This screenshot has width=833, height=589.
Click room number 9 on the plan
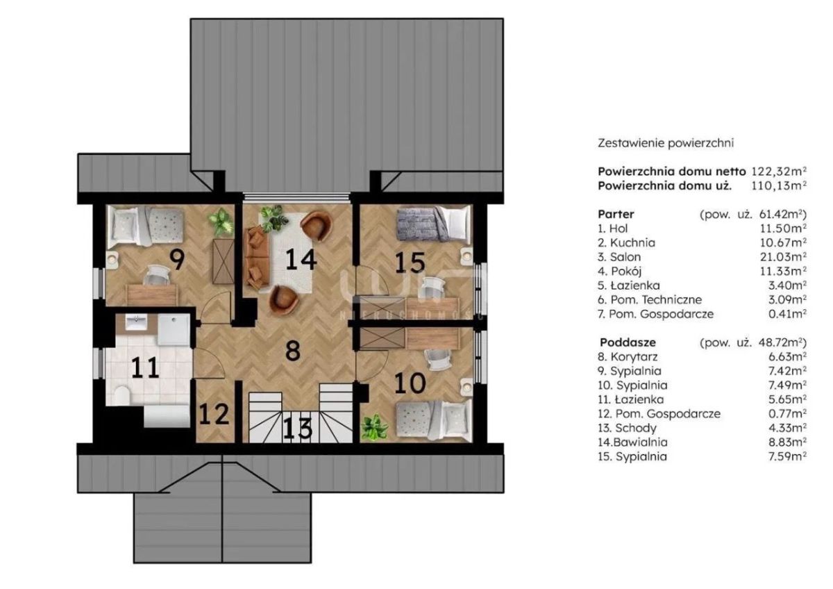(x=177, y=260)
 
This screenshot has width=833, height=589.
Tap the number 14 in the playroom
(x=301, y=259)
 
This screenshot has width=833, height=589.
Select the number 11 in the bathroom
(x=145, y=367)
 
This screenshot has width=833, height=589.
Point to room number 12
(x=214, y=414)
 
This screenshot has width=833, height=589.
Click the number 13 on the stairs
(x=298, y=429)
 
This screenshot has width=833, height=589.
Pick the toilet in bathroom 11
(x=121, y=396)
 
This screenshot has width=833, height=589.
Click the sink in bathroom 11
(x=136, y=322)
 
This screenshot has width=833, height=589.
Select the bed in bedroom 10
(x=434, y=420)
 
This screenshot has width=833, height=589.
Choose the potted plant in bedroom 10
(x=373, y=429)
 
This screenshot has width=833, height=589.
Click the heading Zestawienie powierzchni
(x=666, y=143)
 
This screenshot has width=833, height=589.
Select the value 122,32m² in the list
(x=779, y=172)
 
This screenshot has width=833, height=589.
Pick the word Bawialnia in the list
(x=640, y=442)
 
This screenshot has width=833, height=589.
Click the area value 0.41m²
(x=787, y=314)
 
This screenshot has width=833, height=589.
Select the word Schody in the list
(x=636, y=429)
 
